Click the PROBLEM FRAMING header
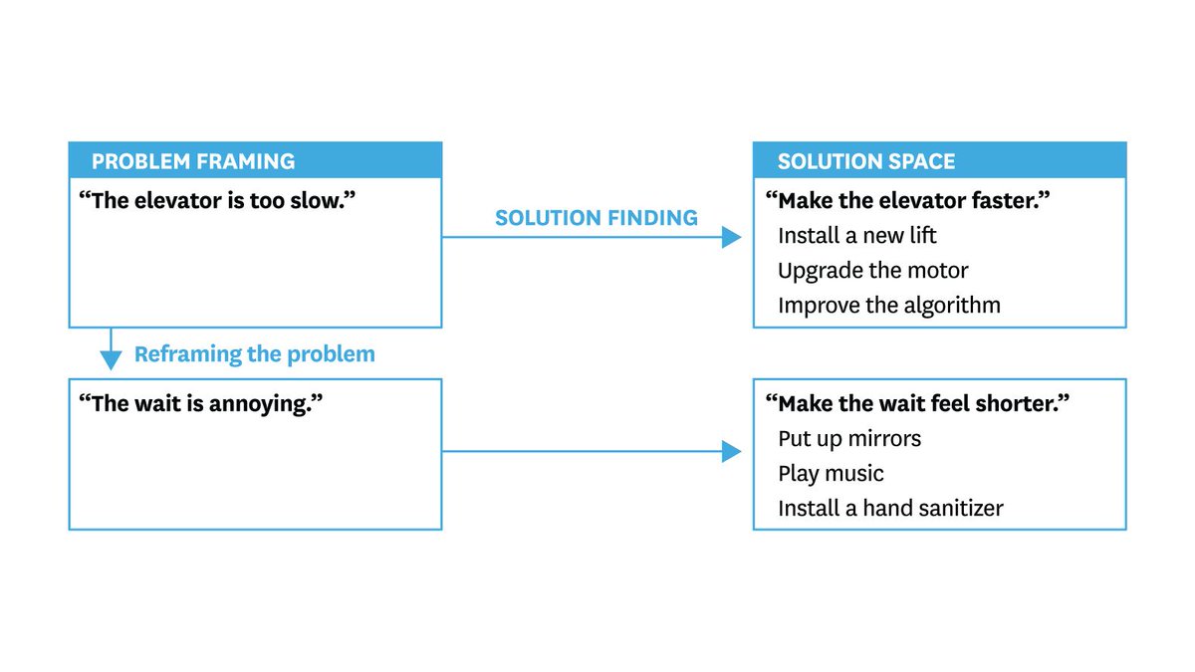[193, 161]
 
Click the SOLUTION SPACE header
[866, 161]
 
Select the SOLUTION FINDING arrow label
[597, 218]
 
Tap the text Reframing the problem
[255, 354]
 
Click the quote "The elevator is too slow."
[217, 200]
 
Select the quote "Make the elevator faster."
[908, 201]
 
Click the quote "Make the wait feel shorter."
[917, 403]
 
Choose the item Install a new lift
[857, 236]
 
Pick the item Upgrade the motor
[873, 271]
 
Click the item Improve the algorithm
[889, 305]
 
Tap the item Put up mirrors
[849, 438]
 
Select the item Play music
[831, 473]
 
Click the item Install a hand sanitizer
[890, 508]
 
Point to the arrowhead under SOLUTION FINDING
[732, 237]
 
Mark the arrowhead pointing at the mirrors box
[732, 452]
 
